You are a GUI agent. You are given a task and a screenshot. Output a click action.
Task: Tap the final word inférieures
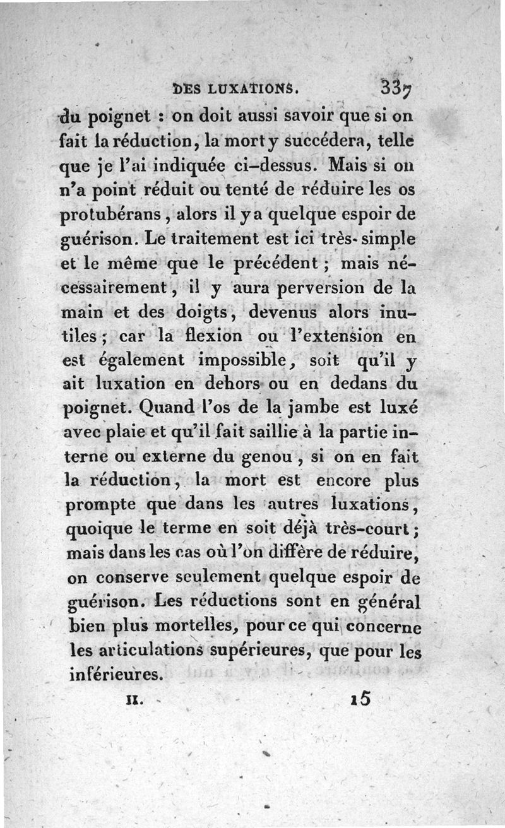tap(114, 674)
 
